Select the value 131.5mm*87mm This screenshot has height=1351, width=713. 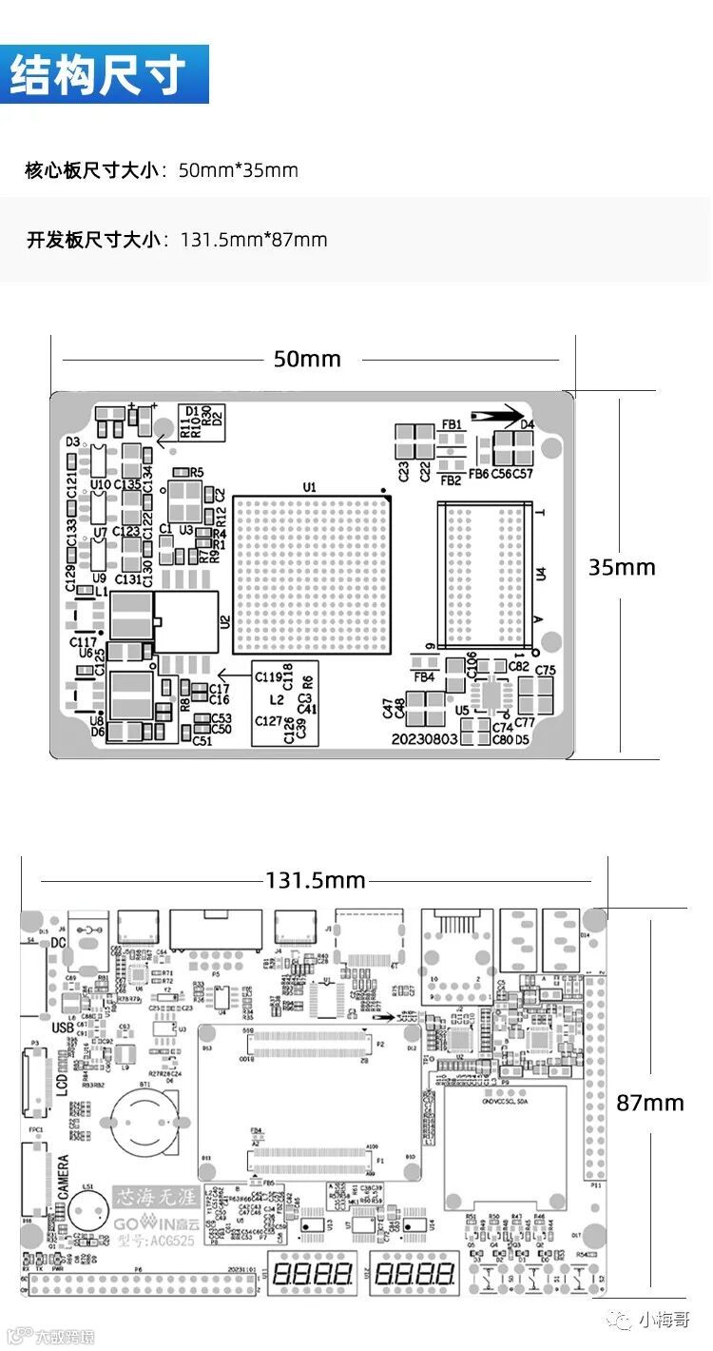[x=254, y=240]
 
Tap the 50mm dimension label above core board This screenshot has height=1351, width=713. [x=307, y=360]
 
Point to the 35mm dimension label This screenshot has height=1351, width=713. [x=622, y=568]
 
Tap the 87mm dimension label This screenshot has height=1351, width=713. [x=650, y=1103]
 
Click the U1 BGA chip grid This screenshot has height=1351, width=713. [x=313, y=576]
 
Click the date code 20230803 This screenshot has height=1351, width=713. [x=425, y=739]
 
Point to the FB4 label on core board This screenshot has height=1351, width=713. [x=424, y=677]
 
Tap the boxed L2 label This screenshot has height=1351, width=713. [x=277, y=699]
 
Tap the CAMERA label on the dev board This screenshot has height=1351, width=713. [x=64, y=1181]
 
